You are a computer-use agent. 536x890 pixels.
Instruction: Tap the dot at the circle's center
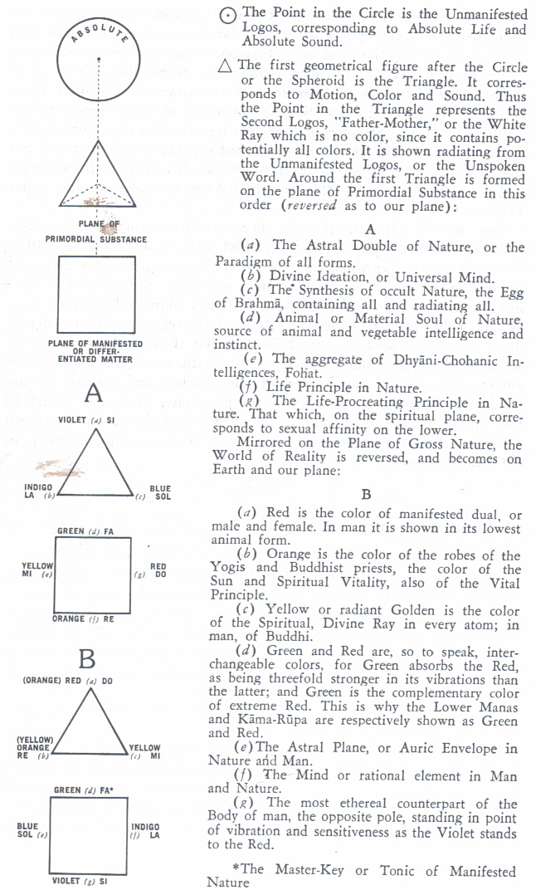[x=99, y=59]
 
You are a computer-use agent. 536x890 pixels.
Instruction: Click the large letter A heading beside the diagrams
[x=94, y=392]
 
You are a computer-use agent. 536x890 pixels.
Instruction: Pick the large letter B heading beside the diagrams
[x=87, y=660]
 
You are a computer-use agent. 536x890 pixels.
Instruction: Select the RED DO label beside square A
[x=158, y=570]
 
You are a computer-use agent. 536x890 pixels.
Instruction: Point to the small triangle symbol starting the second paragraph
[x=222, y=66]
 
